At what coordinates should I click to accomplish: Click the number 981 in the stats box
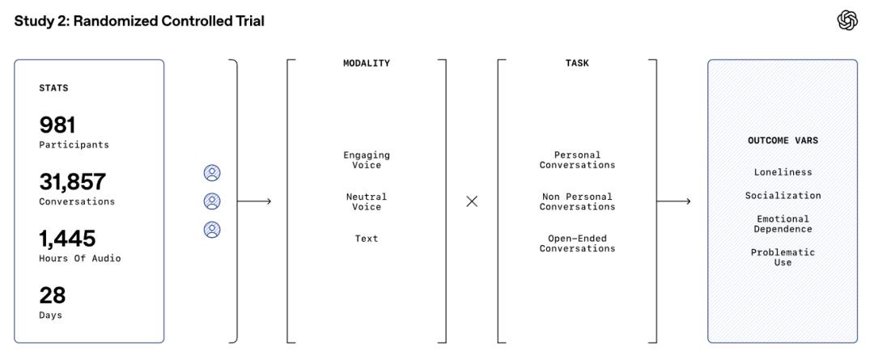57,125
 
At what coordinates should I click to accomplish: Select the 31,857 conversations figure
72,182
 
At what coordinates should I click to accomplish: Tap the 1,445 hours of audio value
67,239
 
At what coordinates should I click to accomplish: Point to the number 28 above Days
52,295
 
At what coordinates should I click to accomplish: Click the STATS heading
53,88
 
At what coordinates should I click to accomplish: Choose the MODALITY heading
367,63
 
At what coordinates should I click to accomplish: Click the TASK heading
577,63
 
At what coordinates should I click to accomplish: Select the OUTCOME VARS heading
783,141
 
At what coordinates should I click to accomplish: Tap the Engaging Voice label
367,160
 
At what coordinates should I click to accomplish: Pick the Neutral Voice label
367,201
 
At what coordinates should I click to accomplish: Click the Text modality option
367,239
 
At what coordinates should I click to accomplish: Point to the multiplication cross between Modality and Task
472,201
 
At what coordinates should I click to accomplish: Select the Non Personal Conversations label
577,201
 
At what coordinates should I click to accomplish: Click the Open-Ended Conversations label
577,244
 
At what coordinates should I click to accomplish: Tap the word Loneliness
783,172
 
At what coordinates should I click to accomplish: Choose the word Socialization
783,196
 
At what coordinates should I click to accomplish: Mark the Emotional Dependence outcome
783,224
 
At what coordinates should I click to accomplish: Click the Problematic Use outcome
783,257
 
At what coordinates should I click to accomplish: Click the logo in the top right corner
846,21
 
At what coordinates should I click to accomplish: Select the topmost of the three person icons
212,173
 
